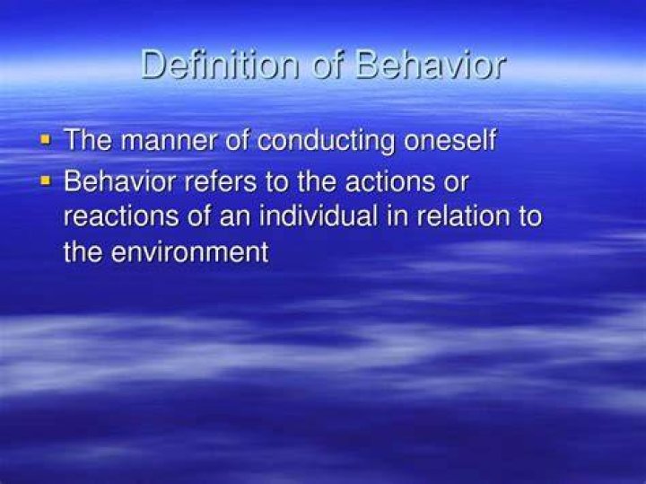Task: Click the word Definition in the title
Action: coord(220,65)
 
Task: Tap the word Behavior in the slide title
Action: coord(430,65)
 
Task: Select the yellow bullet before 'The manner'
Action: coord(45,140)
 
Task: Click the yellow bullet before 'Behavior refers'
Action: coord(45,180)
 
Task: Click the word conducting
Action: coord(327,141)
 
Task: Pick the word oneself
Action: coord(450,140)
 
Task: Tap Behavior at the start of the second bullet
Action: coord(120,181)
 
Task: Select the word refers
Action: coord(221,181)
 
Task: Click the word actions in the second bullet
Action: coord(390,181)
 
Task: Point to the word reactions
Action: coord(121,216)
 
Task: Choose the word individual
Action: coord(319,216)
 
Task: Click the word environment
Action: coord(189,252)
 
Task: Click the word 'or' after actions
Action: coord(456,184)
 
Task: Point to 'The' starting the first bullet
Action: coord(88,140)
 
